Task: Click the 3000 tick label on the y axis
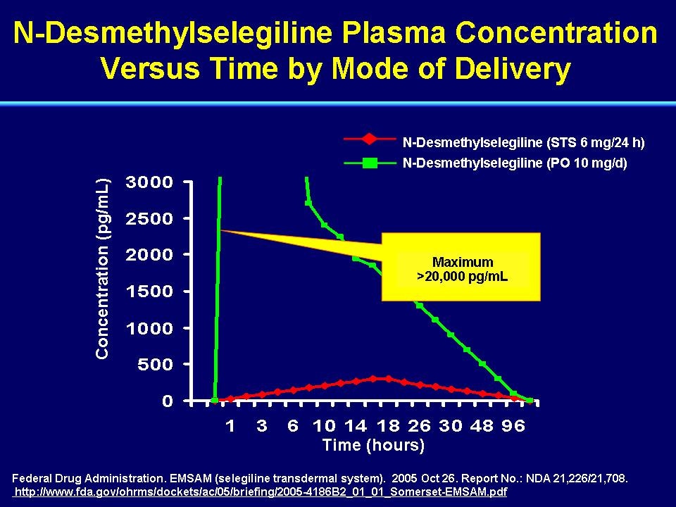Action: click(x=149, y=182)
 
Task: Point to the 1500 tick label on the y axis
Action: click(x=149, y=292)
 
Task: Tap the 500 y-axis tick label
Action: click(x=155, y=365)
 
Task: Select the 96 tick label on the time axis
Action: click(x=513, y=426)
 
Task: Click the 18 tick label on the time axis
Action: click(x=388, y=426)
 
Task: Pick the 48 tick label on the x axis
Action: click(x=482, y=426)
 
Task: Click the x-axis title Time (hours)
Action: click(x=373, y=445)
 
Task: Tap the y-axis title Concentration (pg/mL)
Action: click(x=103, y=268)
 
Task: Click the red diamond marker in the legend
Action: click(x=370, y=139)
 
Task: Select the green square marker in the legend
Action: click(x=370, y=163)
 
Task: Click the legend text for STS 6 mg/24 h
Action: click(x=523, y=142)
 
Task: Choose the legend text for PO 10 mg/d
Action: click(x=515, y=163)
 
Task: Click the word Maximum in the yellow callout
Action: click(x=463, y=262)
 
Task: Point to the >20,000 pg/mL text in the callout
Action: click(x=462, y=276)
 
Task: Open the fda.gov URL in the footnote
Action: click(x=261, y=492)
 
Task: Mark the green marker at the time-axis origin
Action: click(x=215, y=401)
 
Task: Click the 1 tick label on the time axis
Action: click(x=231, y=426)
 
